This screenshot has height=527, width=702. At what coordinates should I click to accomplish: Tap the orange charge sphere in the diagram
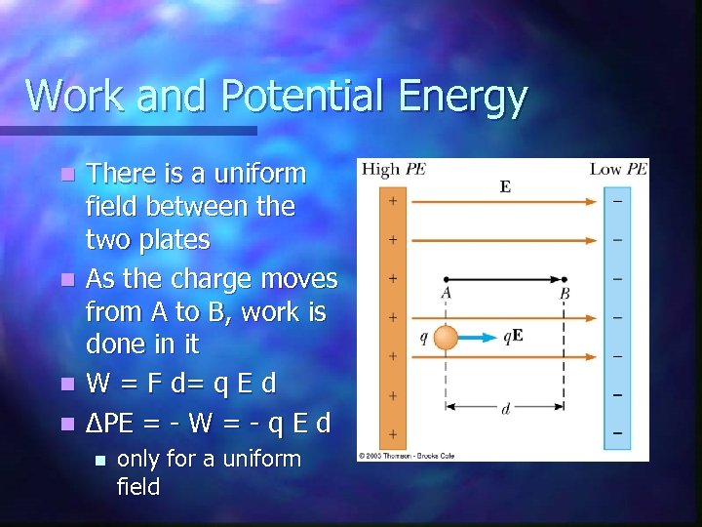446,338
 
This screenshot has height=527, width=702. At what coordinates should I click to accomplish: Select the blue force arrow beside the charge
478,338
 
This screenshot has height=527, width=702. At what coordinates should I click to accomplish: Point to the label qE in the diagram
514,338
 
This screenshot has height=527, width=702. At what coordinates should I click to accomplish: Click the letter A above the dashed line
446,293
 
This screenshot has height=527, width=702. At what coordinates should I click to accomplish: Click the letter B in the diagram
565,293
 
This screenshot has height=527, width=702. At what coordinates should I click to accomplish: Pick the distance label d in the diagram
505,410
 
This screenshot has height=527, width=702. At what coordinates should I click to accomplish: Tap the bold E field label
505,186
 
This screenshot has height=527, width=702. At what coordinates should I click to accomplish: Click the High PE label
393,169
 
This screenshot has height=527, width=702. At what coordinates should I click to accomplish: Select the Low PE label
618,169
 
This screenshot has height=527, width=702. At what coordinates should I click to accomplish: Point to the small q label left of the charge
423,338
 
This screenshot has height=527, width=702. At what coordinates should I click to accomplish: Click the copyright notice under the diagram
407,455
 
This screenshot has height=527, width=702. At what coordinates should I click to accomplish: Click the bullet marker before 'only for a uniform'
97,460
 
